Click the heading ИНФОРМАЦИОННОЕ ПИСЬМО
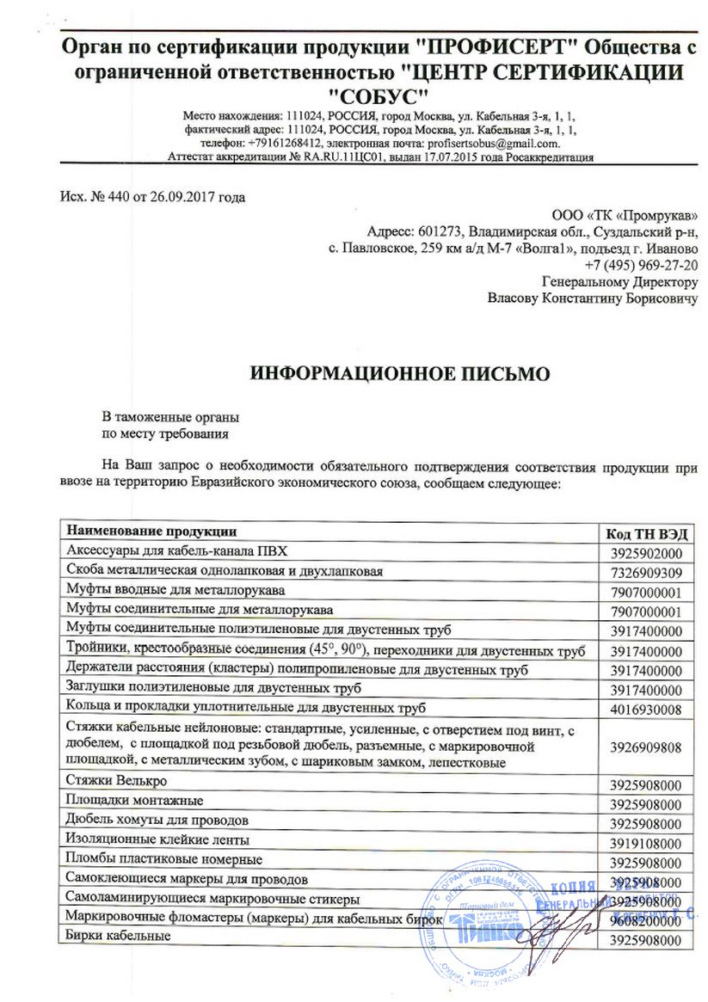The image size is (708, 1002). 398,374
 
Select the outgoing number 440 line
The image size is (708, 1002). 152,197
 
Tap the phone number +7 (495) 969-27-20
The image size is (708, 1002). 641,267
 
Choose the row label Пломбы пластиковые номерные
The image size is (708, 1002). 164,859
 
